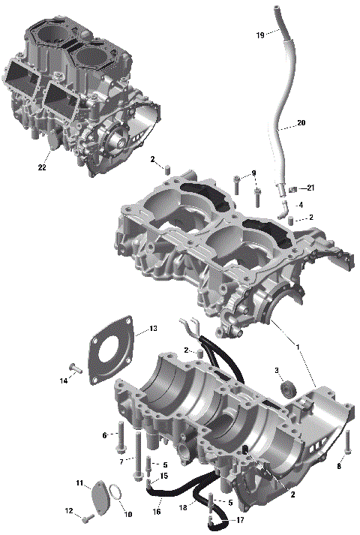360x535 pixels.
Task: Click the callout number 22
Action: pyautogui.click(x=43, y=168)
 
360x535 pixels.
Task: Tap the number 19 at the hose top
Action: pyautogui.click(x=259, y=35)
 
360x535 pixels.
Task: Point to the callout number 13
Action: pyautogui.click(x=153, y=329)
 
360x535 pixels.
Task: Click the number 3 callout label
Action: pyautogui.click(x=276, y=370)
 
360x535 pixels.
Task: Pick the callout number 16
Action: pyautogui.click(x=157, y=512)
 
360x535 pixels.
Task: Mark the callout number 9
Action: pyautogui.click(x=254, y=173)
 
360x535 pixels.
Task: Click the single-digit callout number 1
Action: pyautogui.click(x=298, y=347)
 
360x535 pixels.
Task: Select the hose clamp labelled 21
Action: pyautogui.click(x=294, y=188)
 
